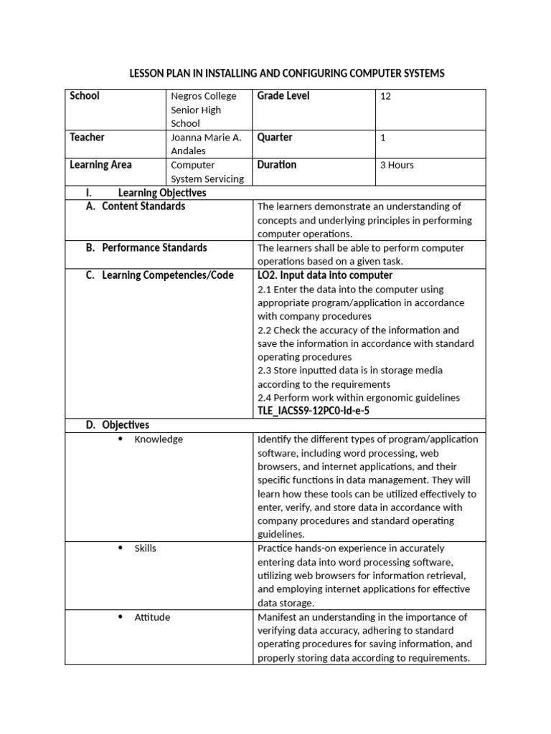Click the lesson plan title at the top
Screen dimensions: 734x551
point(286,73)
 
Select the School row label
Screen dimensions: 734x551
point(85,96)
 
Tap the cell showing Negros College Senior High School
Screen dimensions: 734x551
point(196,110)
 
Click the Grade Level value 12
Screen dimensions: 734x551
point(386,97)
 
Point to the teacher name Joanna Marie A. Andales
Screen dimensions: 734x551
point(205,144)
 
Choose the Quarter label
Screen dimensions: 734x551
point(275,138)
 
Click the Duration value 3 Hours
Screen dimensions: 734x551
point(397,165)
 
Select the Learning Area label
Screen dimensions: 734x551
point(100,165)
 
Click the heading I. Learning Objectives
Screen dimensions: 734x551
point(161,193)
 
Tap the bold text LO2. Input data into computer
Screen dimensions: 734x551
point(325,275)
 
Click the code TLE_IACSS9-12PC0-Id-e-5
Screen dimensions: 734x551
point(314,411)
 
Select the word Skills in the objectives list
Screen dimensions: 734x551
point(145,548)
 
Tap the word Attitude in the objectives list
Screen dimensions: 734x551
point(152,617)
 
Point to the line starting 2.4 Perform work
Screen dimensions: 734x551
point(359,398)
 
